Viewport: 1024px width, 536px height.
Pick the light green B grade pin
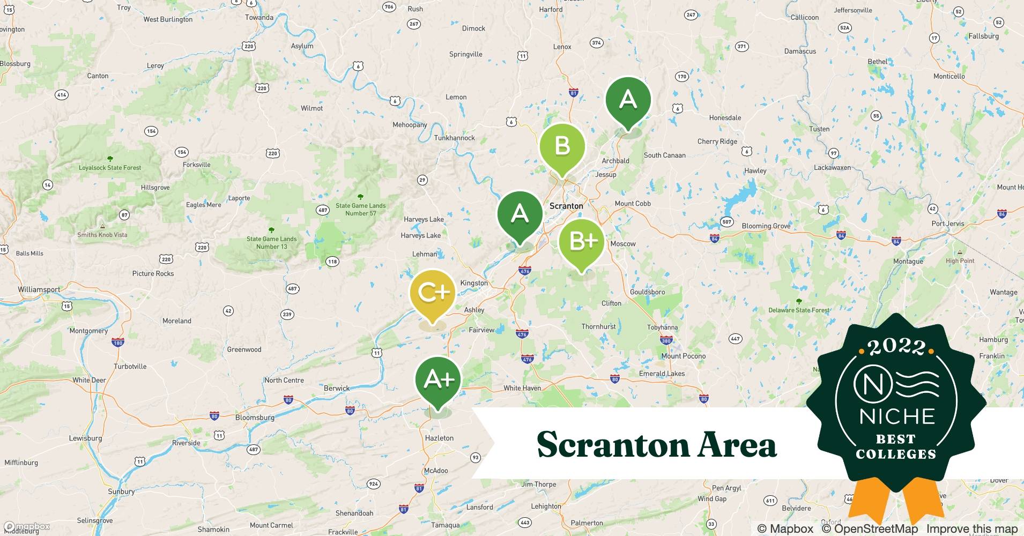(x=562, y=146)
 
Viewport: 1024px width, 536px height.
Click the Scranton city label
(x=566, y=206)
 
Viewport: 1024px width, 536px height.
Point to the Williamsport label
(x=39, y=289)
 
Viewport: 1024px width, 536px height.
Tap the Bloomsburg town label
(x=255, y=418)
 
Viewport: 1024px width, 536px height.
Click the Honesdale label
(x=725, y=118)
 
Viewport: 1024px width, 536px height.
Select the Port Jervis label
(x=947, y=224)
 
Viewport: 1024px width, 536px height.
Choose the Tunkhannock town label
(x=454, y=138)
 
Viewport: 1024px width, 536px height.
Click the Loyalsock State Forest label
(x=110, y=168)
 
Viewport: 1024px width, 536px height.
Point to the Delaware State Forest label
(x=798, y=310)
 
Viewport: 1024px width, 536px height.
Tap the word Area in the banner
(x=738, y=444)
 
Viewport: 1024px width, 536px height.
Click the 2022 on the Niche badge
(x=896, y=347)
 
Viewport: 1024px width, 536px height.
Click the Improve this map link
(x=971, y=528)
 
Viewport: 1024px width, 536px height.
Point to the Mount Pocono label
(x=683, y=356)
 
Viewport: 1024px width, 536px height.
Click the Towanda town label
(x=259, y=18)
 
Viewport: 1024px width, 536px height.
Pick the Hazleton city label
(x=439, y=438)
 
